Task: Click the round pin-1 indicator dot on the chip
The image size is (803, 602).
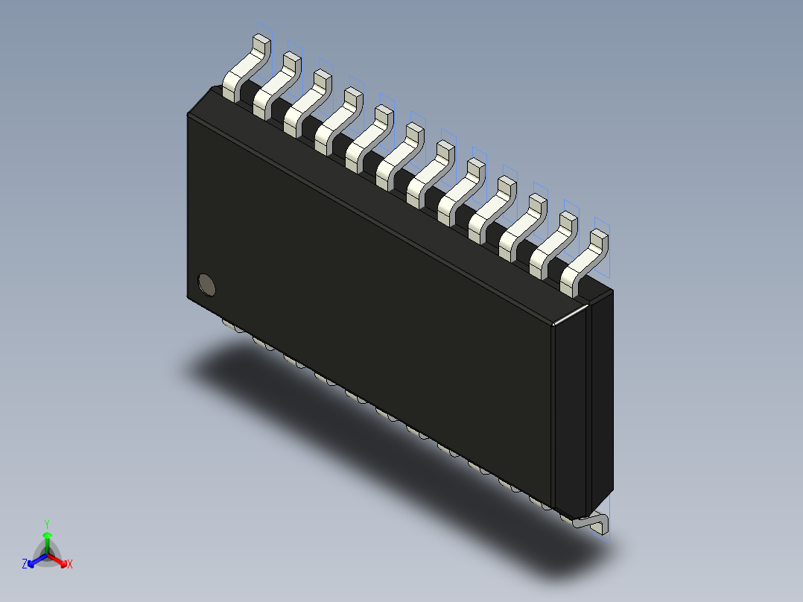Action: point(206,284)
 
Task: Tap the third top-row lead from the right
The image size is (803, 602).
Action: point(522,225)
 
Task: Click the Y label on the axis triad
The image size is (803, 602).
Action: point(47,524)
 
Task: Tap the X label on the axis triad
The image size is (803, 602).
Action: point(70,564)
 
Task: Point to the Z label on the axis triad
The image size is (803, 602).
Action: point(25,564)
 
